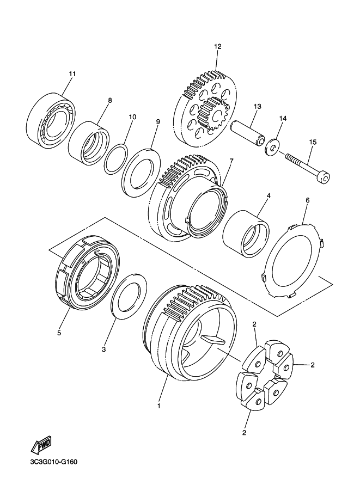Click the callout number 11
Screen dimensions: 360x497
point(72,74)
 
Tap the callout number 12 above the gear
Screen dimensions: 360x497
point(218,47)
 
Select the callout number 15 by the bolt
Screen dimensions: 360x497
point(313,142)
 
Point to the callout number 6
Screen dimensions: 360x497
point(307,200)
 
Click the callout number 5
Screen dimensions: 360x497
point(59,333)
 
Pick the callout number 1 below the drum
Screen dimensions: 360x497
point(159,406)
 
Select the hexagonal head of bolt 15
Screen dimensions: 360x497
point(324,177)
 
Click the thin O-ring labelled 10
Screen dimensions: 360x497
point(116,159)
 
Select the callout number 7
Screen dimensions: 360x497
point(231,161)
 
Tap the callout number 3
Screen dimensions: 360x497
point(103,349)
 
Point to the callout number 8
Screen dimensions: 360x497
point(110,101)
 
